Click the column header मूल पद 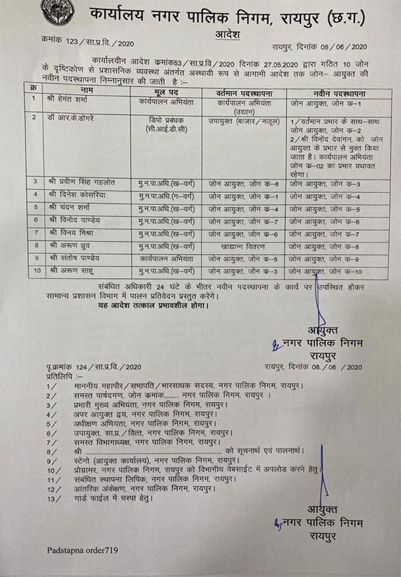pos(165,93)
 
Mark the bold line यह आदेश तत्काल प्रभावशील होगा pos(144,305)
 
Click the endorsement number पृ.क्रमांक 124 pos(93,367)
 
